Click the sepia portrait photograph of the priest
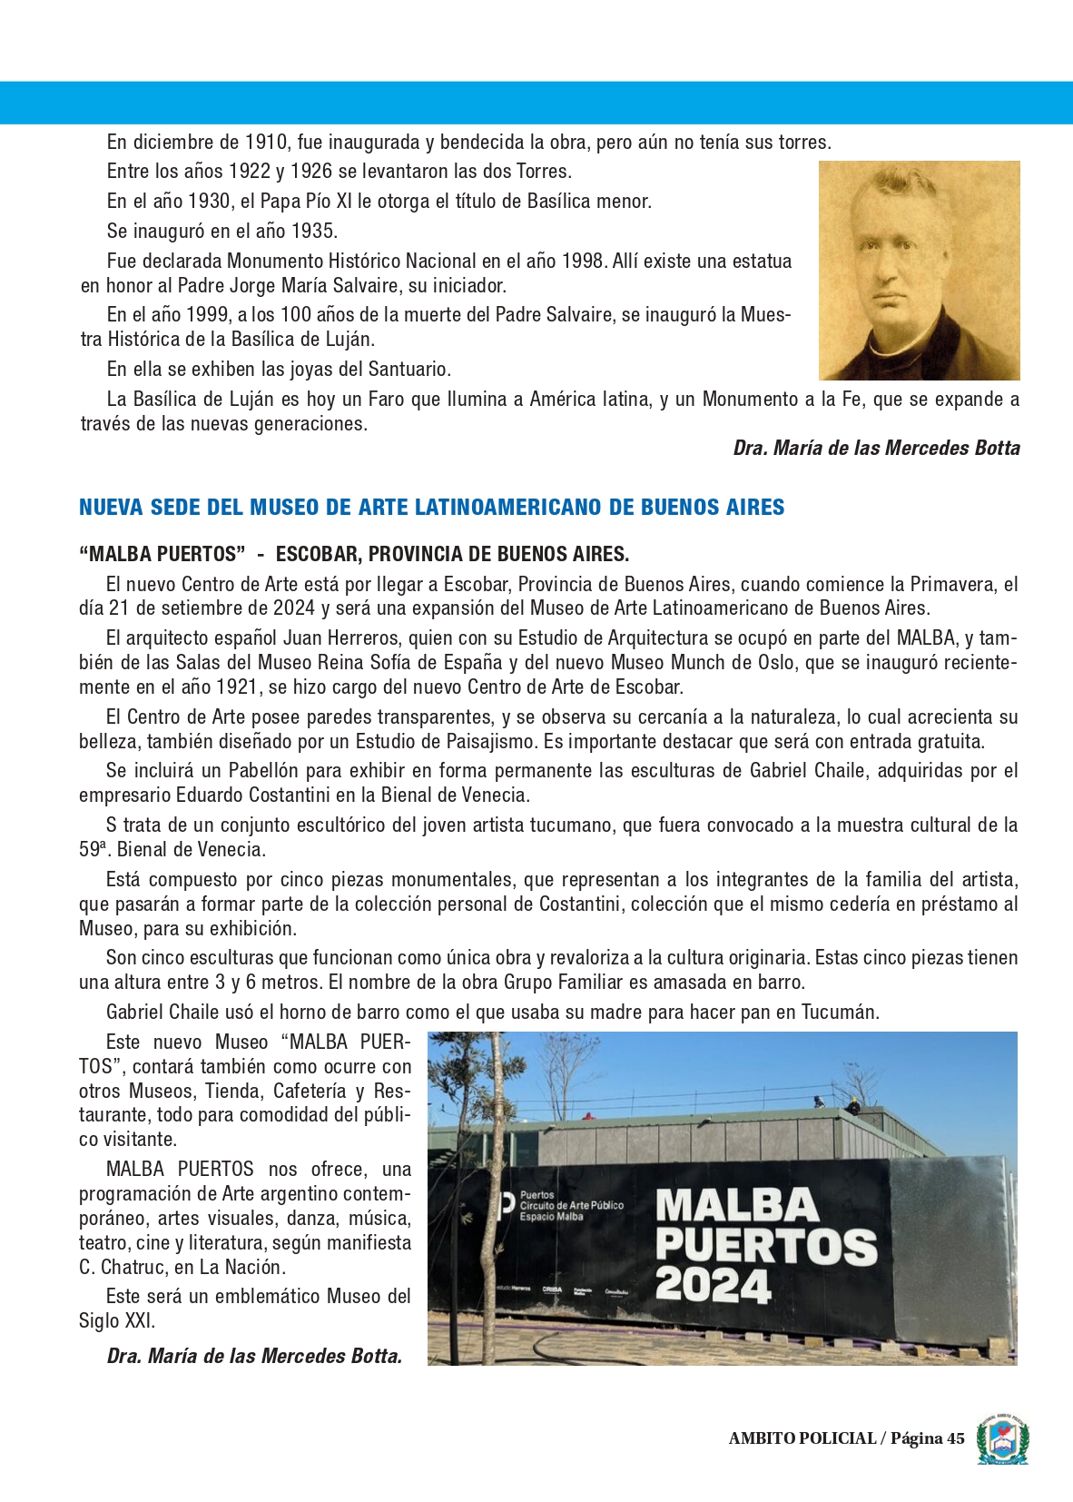(x=919, y=270)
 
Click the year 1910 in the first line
(x=268, y=143)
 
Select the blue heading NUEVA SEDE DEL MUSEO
(x=431, y=507)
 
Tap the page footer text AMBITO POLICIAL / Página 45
(x=846, y=1438)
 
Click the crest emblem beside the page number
(x=1002, y=1438)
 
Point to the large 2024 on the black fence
(x=713, y=1286)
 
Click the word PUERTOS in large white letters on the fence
(x=766, y=1246)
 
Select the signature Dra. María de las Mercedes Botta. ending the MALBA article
(x=254, y=1356)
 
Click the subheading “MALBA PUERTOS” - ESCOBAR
(x=354, y=554)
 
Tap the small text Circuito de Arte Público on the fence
(x=572, y=1205)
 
